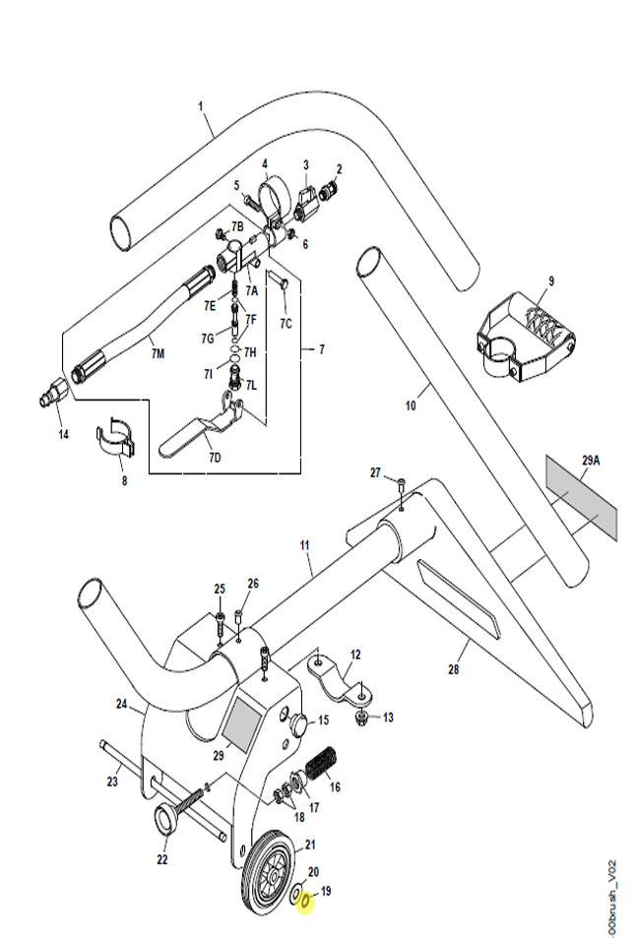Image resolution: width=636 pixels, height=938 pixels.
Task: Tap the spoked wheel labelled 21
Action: (x=269, y=872)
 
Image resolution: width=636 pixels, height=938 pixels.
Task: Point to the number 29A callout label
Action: (x=591, y=461)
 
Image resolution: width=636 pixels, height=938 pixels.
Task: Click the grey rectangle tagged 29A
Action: (x=580, y=496)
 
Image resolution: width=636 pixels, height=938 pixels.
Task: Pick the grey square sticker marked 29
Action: (x=243, y=726)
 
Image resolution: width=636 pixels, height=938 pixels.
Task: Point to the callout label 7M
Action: (x=158, y=354)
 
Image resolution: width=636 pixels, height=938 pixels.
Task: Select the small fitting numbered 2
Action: (x=327, y=192)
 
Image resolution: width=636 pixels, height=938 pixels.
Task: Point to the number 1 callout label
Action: (x=201, y=106)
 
